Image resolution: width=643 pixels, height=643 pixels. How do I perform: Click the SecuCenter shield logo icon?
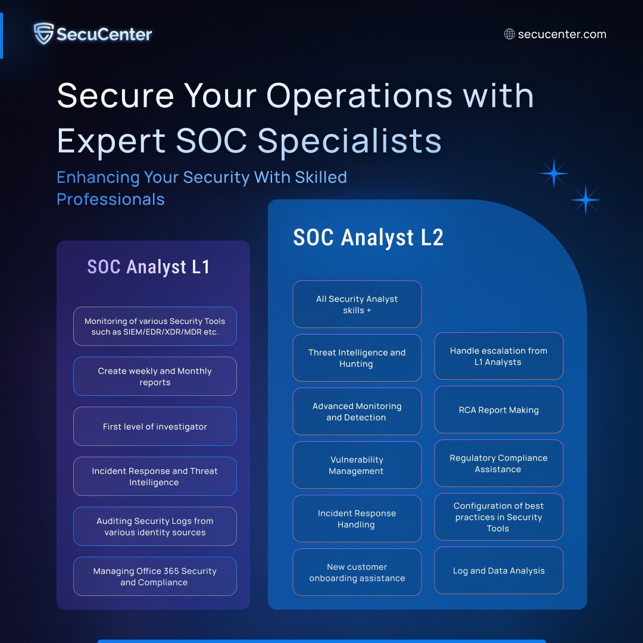pos(43,33)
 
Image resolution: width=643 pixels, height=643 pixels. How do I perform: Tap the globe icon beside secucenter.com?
pos(509,34)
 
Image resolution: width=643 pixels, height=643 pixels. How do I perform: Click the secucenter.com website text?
pos(562,34)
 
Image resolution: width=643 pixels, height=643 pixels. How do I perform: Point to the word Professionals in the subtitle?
pos(111,199)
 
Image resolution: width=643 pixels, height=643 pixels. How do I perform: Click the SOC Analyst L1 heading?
pos(148,267)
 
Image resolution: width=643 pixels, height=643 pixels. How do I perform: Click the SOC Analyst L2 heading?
pos(369,237)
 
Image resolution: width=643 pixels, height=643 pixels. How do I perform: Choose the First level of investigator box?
pos(155,426)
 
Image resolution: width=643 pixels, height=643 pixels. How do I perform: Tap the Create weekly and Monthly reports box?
pos(155,376)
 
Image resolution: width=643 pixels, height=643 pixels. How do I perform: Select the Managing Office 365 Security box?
pos(155,576)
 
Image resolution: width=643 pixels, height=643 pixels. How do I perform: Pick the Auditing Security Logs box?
pos(155,526)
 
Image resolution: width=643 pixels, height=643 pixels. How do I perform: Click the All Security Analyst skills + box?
pos(357,304)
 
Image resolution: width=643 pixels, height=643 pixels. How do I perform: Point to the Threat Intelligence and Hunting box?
pos(357,358)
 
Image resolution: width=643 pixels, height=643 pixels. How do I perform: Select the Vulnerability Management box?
pos(357,465)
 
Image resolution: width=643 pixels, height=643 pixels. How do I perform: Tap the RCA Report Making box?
pos(499,410)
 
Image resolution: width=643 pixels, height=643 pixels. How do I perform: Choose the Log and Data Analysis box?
pos(499,570)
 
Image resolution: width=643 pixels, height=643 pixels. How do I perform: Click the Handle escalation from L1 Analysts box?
pos(499,356)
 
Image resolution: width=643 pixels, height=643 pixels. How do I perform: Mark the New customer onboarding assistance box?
pos(357,572)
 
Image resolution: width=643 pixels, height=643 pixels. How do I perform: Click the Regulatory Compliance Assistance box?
pos(499,463)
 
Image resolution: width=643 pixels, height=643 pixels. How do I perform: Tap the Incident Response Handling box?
pos(357,519)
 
